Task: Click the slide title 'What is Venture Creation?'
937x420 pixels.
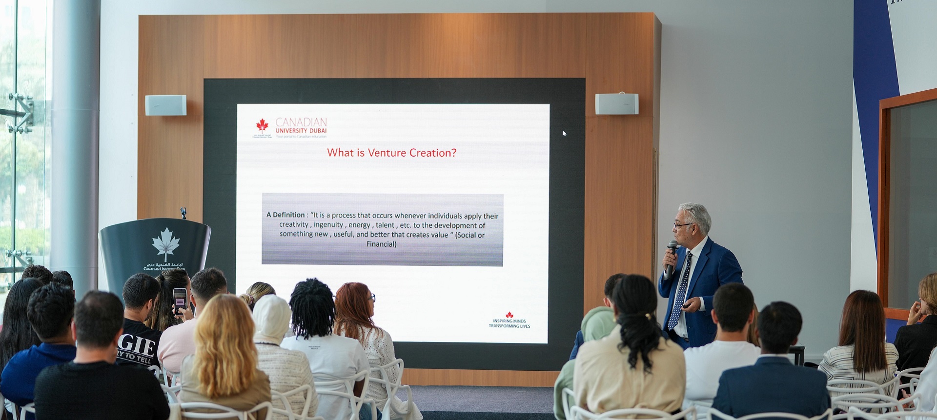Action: point(391,153)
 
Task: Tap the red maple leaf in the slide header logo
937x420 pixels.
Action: point(263,125)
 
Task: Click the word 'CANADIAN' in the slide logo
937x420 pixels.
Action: point(301,122)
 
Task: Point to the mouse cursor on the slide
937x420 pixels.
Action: point(564,133)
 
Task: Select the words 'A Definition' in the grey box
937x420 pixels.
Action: point(285,215)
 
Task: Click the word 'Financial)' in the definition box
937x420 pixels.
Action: point(381,244)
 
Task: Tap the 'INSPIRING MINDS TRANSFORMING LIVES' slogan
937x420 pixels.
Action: point(509,323)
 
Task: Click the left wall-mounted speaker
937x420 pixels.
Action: point(165,105)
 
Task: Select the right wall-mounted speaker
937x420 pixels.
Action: point(616,104)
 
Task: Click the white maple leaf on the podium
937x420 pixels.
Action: point(165,243)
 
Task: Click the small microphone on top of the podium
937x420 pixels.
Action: point(183,213)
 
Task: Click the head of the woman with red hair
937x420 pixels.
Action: point(353,302)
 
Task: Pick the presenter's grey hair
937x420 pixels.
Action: point(697,215)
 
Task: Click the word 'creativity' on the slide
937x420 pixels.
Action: point(294,224)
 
